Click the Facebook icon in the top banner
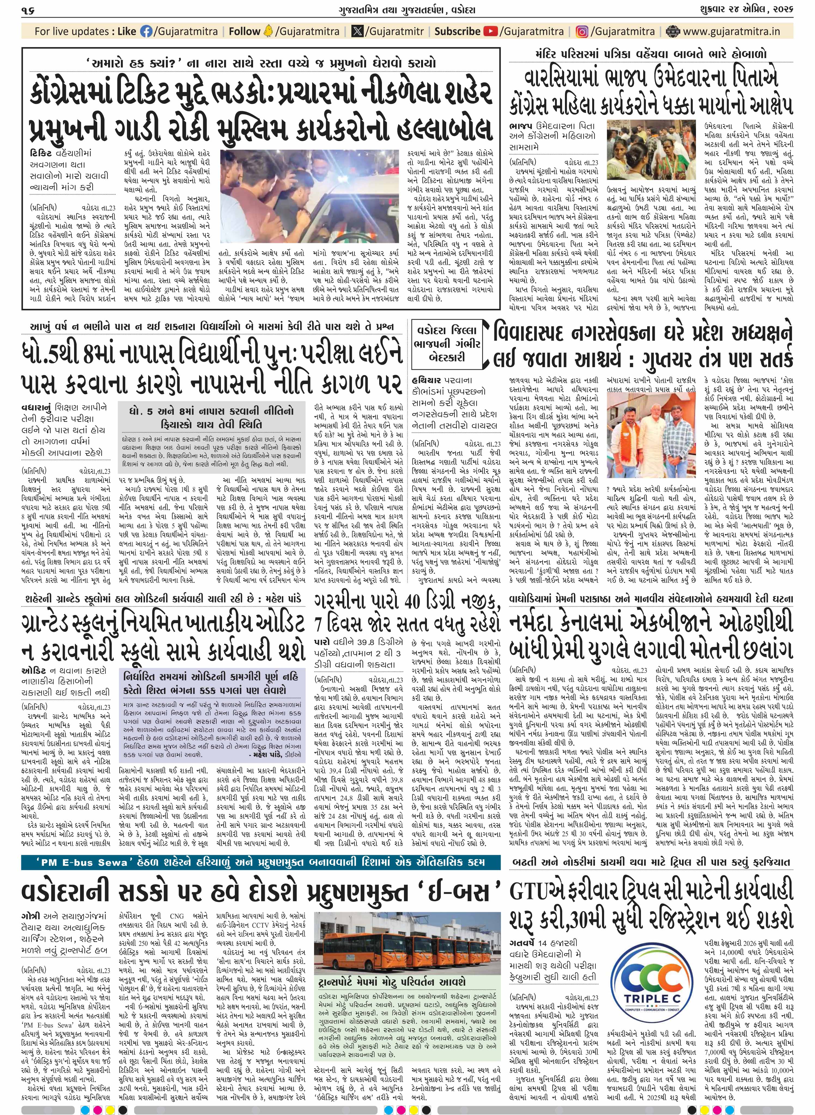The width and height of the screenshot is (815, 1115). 147,32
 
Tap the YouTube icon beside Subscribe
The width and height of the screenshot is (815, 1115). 490,32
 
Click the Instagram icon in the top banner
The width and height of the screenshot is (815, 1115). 582,32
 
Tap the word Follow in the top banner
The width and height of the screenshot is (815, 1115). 244,32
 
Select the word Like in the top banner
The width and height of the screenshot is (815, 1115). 127,32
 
